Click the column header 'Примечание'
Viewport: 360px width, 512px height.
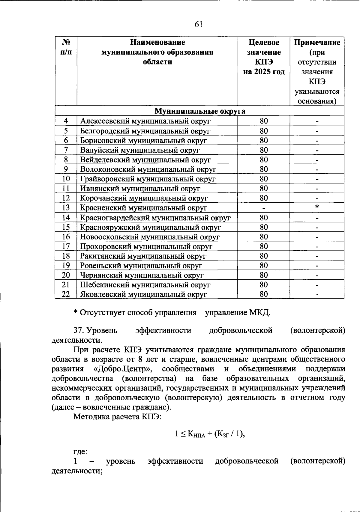tap(317, 43)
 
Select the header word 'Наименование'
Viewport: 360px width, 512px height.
tap(157, 43)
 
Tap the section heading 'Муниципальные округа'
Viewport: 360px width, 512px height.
tap(199, 111)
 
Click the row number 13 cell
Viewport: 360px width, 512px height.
tap(66, 207)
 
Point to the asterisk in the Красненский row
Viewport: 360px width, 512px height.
tap(317, 207)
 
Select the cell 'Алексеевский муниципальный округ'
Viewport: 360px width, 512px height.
tap(145, 121)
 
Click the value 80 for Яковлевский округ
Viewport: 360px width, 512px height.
tap(263, 294)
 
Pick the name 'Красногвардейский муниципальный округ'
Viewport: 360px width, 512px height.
tap(155, 218)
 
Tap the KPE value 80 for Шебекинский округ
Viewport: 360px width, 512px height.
tap(263, 285)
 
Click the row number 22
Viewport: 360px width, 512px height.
tap(66, 294)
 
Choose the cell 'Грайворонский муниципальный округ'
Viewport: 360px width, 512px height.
tap(148, 179)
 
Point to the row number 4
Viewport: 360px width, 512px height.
tap(66, 121)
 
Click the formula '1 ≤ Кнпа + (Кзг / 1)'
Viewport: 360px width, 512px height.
tap(210, 434)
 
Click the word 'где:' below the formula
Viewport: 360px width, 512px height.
tap(80, 452)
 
